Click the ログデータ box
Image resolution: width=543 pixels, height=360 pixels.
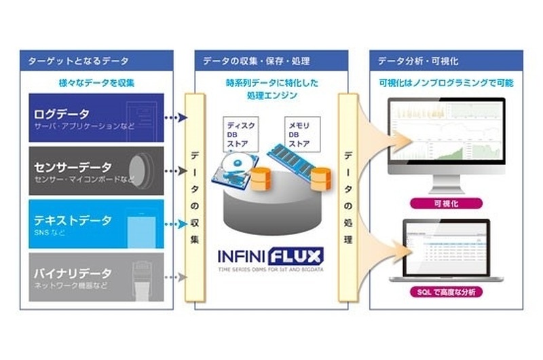coord(94,117)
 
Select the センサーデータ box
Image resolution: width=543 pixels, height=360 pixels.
coord(94,170)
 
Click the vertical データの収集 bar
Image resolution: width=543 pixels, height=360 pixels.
coord(195,197)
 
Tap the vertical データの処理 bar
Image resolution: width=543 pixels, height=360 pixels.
coord(348,197)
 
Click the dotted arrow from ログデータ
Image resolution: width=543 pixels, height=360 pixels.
coord(174,118)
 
